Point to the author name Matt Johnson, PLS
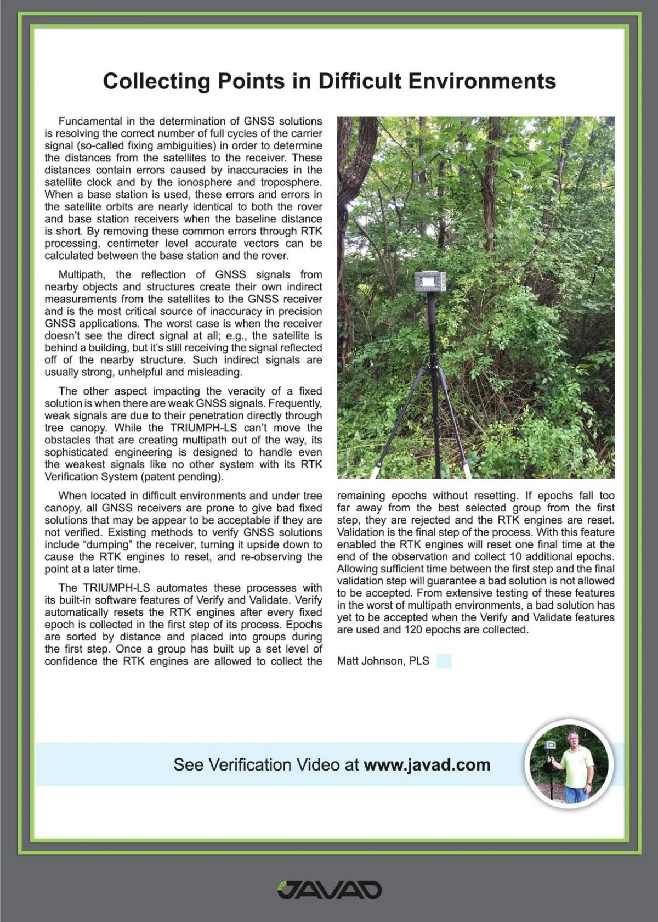point(383,661)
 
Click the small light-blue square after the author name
point(444,661)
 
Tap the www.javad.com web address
point(427,764)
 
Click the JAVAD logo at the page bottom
point(329,890)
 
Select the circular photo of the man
point(569,764)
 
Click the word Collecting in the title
point(156,81)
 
